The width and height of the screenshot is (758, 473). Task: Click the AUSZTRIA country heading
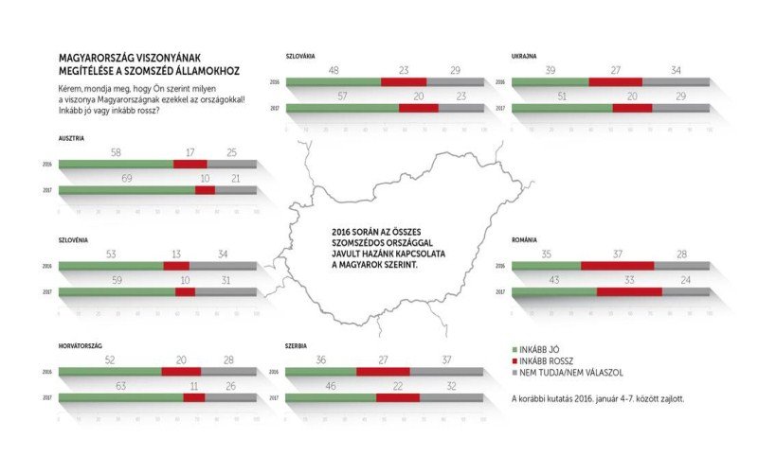click(x=71, y=138)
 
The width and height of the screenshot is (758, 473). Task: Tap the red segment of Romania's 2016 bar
click(x=617, y=266)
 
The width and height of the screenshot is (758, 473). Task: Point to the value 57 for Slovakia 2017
click(x=342, y=97)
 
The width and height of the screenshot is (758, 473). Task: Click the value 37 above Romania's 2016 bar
click(x=617, y=255)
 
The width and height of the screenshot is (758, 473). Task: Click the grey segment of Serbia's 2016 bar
click(x=446, y=371)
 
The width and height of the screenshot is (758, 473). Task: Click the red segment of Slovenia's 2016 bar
click(x=176, y=266)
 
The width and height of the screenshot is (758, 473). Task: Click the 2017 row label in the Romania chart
click(x=501, y=292)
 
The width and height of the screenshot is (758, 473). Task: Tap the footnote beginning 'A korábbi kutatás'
click(x=597, y=398)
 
